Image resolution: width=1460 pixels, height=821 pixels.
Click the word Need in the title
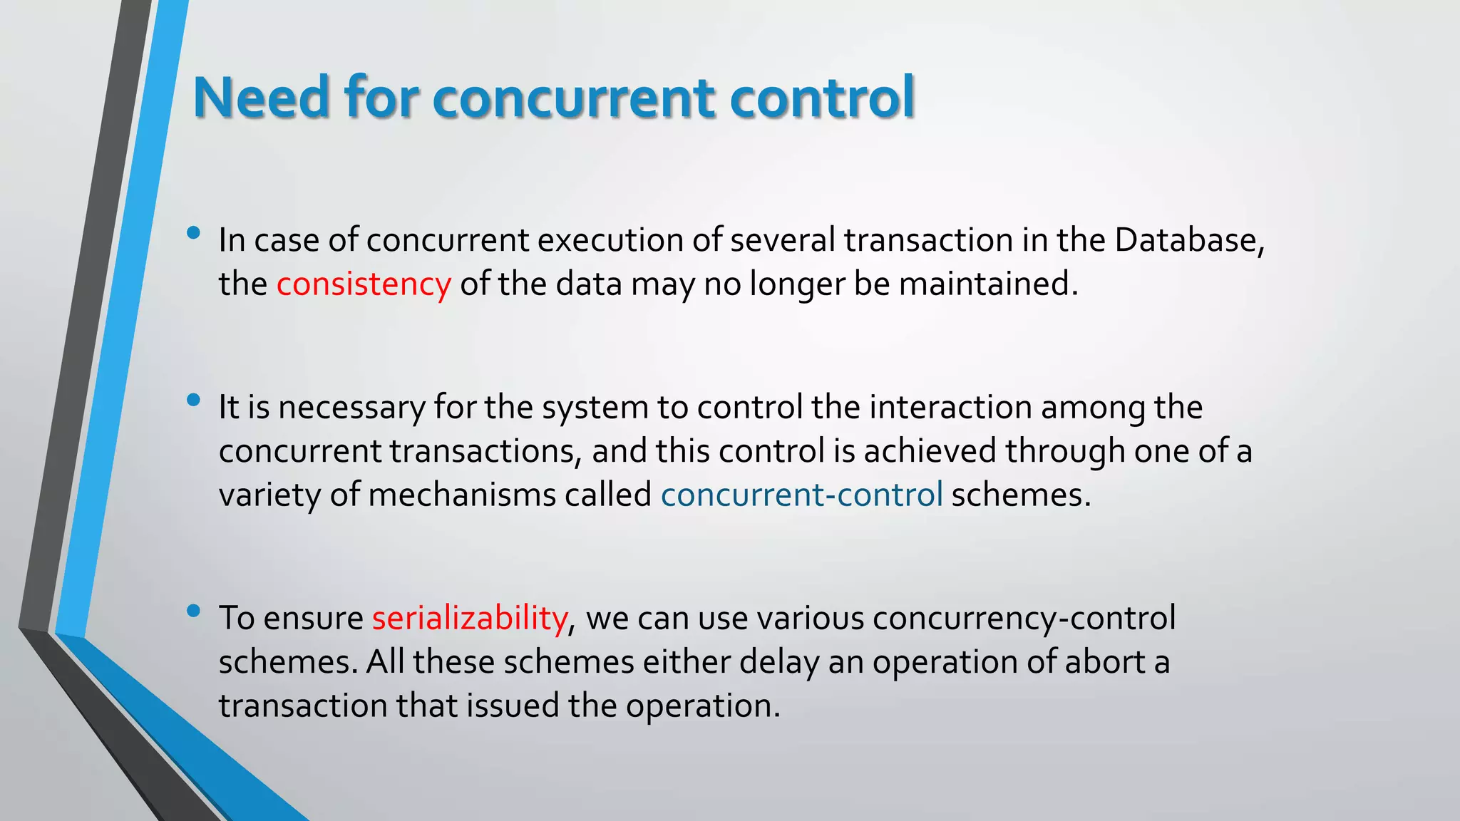[x=261, y=98]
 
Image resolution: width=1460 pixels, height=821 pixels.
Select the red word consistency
[x=364, y=284]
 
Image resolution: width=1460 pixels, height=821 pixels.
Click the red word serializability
[x=470, y=618]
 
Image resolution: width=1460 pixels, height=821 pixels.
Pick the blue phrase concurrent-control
[x=801, y=495]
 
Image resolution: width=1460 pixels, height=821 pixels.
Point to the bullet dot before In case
[x=193, y=233]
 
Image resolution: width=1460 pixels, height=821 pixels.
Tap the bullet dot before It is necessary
[x=193, y=401]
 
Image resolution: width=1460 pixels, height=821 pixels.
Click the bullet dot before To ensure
[x=193, y=611]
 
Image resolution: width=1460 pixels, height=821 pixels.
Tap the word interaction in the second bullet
[x=950, y=408]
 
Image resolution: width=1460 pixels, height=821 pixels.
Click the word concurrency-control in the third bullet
[x=1024, y=618]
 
